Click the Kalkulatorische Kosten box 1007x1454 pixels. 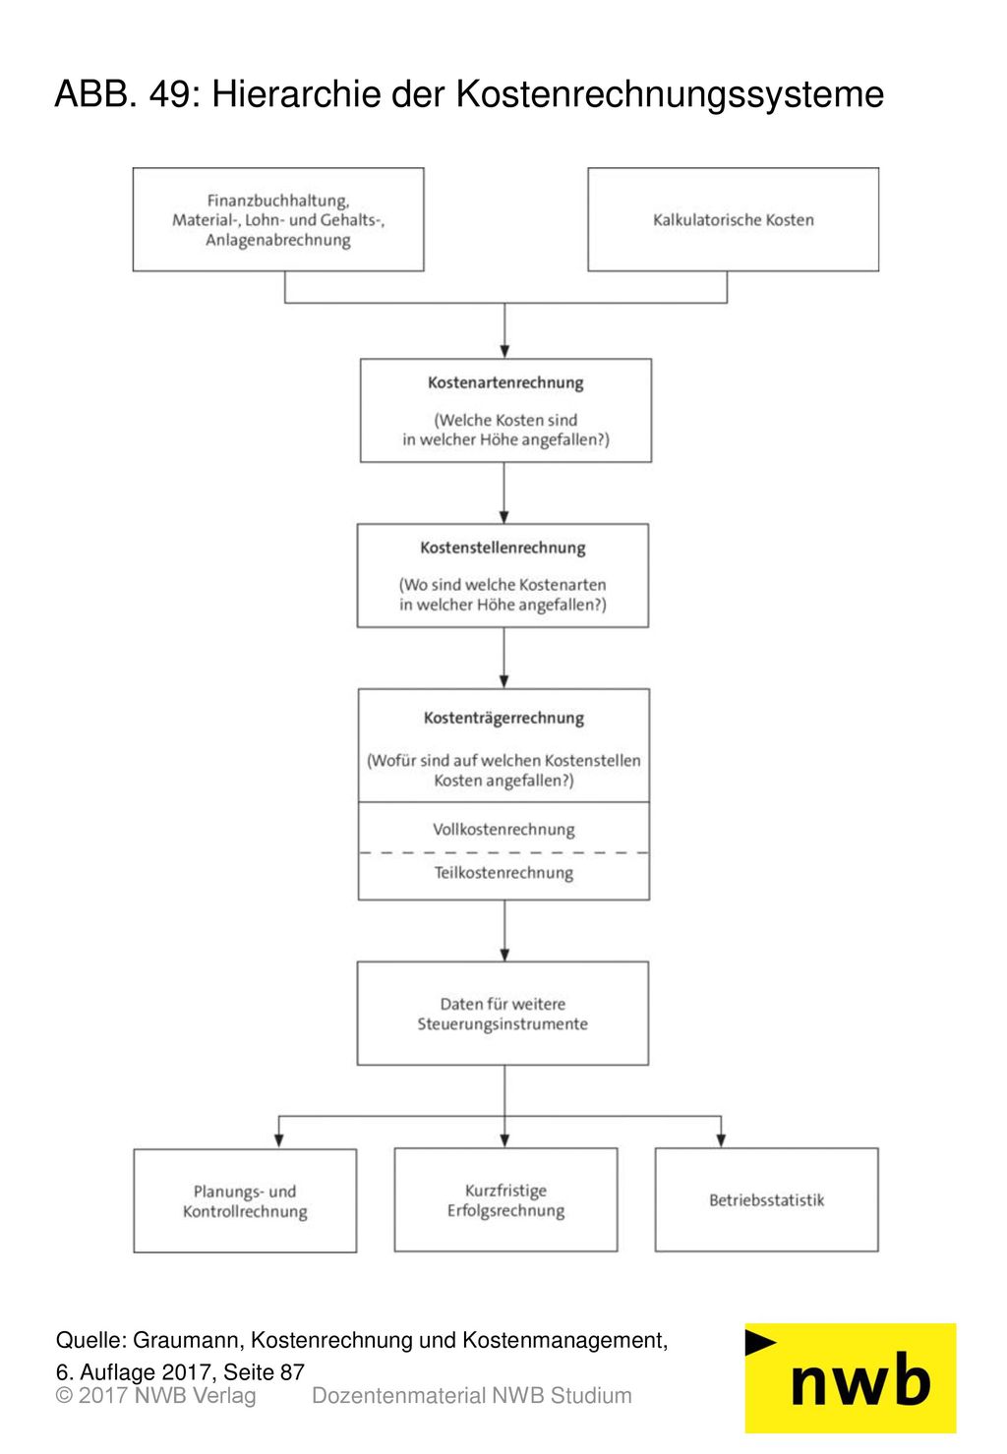(733, 219)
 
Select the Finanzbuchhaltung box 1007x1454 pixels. (278, 219)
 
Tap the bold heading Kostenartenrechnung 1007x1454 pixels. (505, 382)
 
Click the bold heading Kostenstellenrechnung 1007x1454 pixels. (503, 548)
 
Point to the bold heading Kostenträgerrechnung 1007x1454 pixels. (503, 718)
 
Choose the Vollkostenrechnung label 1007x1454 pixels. (503, 829)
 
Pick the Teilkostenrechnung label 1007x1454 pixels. (503, 872)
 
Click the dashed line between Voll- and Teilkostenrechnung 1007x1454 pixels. (503, 852)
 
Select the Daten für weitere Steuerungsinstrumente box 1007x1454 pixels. (503, 1013)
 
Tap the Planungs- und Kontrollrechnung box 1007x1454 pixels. (245, 1200)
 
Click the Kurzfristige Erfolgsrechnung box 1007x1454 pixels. (505, 1199)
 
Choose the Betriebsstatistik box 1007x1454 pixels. (766, 1199)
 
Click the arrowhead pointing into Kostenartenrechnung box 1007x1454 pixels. (504, 351)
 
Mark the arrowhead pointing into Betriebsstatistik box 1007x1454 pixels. (721, 1140)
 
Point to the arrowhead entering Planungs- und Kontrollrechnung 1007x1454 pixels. (278, 1140)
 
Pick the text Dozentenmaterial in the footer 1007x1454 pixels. (398, 1396)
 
